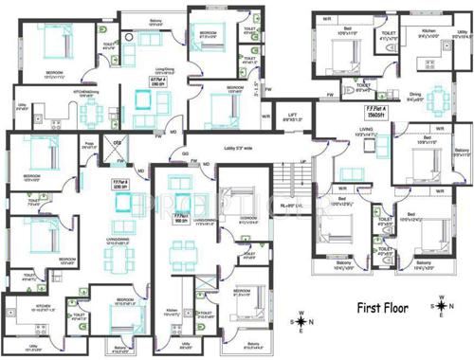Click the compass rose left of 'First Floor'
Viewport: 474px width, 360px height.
pos(301,322)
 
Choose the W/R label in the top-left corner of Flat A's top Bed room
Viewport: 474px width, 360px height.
pos(326,18)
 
